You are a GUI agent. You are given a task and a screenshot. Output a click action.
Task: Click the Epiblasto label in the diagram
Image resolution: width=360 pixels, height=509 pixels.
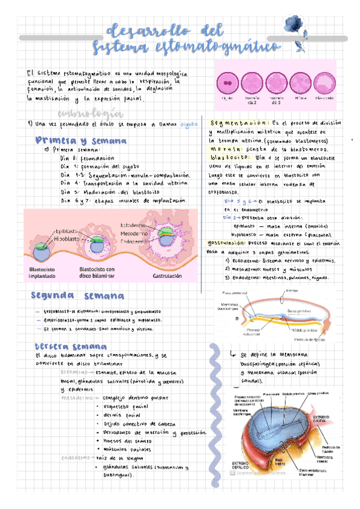[66, 231]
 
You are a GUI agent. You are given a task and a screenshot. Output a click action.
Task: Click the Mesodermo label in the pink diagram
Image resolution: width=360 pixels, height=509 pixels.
[133, 233]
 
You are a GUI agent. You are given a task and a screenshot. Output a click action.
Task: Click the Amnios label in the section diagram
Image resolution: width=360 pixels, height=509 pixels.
[292, 290]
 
